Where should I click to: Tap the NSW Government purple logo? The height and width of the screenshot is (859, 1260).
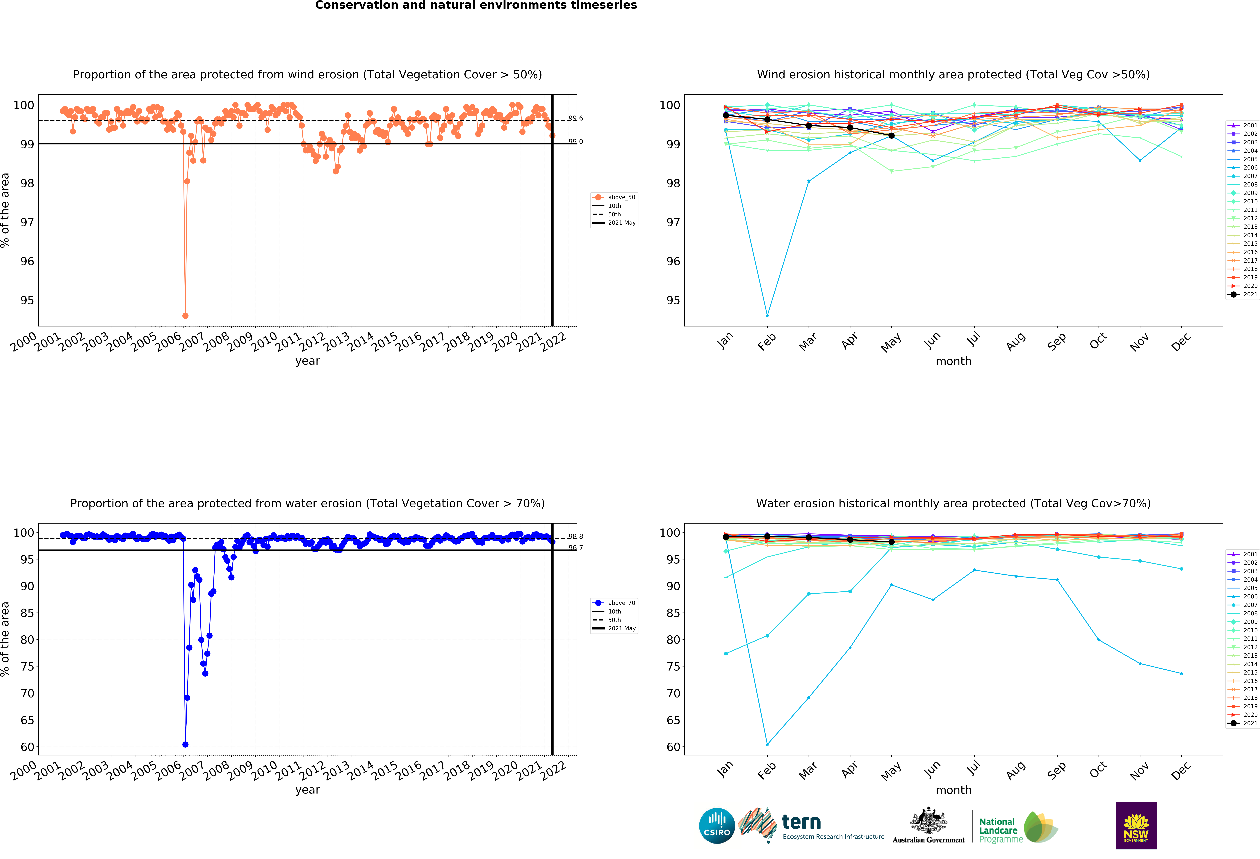click(1136, 825)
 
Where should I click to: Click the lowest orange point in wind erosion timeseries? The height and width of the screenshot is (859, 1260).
click(185, 316)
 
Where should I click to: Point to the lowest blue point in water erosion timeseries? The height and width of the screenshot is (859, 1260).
click(185, 745)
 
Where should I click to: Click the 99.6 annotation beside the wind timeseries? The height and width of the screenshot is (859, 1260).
click(575, 118)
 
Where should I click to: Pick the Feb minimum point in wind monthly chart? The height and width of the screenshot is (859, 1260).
click(767, 316)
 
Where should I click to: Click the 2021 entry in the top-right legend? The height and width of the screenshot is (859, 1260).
click(1246, 294)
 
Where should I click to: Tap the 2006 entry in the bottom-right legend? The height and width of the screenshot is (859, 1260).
click(1246, 597)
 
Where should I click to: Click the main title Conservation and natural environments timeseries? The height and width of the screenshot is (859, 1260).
click(476, 5)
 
